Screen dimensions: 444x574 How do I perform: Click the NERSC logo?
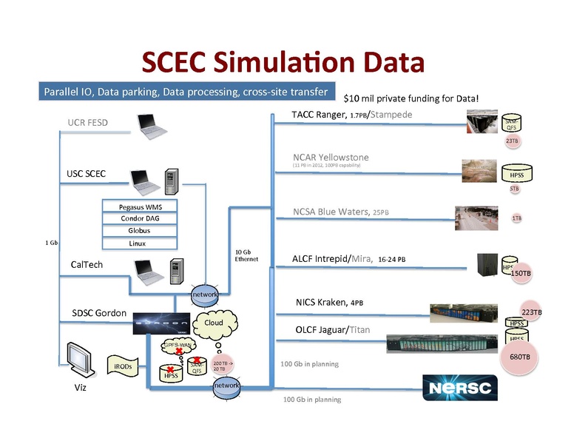[460, 387]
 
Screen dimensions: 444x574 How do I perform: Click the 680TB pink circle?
[518, 357]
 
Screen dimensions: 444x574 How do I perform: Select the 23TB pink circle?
[512, 141]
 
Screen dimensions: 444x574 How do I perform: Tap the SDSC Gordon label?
[99, 312]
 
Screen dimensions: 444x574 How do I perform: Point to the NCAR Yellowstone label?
[331, 158]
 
